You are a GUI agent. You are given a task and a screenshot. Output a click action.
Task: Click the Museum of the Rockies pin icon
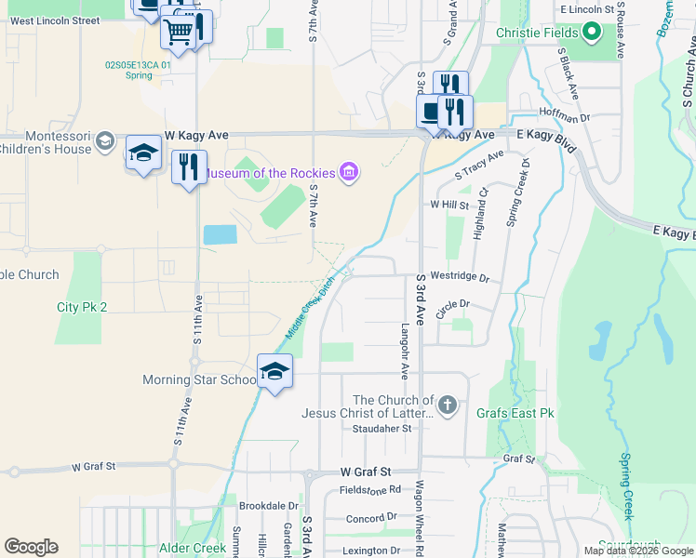(x=349, y=172)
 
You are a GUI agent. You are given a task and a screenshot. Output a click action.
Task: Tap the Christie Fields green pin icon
(x=591, y=33)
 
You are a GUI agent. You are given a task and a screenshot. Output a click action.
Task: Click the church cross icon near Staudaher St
(x=448, y=405)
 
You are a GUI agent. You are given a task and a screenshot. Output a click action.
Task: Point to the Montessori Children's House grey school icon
(x=105, y=141)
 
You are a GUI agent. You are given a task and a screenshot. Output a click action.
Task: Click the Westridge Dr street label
(x=459, y=278)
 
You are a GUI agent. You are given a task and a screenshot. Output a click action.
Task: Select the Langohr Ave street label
(x=405, y=351)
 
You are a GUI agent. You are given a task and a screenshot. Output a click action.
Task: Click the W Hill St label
(x=448, y=204)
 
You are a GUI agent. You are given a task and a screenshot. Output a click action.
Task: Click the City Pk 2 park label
(x=82, y=307)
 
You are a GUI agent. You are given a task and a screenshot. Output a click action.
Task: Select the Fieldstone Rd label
(x=369, y=488)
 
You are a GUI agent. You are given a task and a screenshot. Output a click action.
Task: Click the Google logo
(x=31, y=547)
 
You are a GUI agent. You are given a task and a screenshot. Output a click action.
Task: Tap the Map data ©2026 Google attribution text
(x=637, y=551)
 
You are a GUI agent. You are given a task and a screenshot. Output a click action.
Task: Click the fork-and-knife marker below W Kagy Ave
(x=189, y=168)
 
